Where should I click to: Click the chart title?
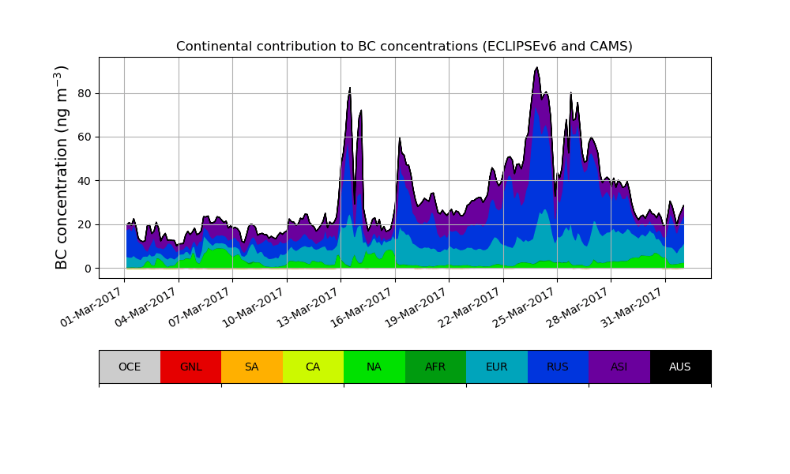click(x=404, y=47)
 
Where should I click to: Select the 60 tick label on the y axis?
click(x=83, y=137)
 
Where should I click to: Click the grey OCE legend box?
click(x=130, y=367)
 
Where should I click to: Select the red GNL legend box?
click(x=190, y=367)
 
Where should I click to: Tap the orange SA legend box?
click(x=251, y=367)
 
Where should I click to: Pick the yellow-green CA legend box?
click(x=313, y=367)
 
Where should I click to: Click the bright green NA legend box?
click(x=374, y=367)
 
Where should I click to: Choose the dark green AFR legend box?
click(x=435, y=367)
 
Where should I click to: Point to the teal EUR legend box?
click(x=496, y=367)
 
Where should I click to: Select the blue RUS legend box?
click(x=558, y=367)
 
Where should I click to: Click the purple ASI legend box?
click(x=619, y=367)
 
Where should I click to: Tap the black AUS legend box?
click(x=680, y=367)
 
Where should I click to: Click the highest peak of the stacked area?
click(x=537, y=68)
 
